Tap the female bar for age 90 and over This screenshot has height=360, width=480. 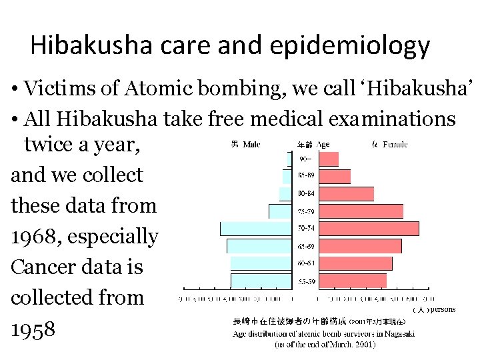click(x=329, y=159)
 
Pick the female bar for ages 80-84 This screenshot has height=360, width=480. click(x=346, y=194)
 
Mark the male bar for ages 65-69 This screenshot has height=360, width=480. click(x=259, y=246)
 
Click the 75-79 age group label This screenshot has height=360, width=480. click(x=306, y=212)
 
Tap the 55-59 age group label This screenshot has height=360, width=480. click(x=306, y=281)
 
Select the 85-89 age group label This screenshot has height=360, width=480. click(x=306, y=177)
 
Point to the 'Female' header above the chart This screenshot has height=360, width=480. click(x=395, y=144)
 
